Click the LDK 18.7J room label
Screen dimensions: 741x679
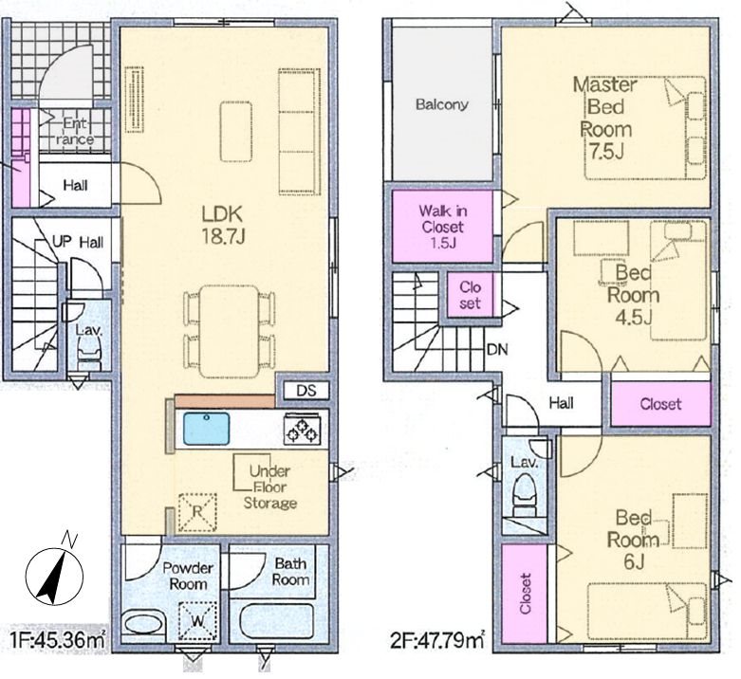click(x=223, y=226)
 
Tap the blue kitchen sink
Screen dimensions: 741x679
click(x=207, y=429)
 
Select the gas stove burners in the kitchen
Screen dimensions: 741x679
click(x=303, y=430)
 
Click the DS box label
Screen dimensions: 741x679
click(x=306, y=391)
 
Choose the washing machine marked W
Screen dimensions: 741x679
click(x=197, y=622)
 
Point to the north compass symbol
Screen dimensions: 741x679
click(x=54, y=575)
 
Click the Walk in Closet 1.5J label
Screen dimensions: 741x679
click(x=442, y=227)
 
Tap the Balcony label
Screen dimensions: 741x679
click(x=442, y=104)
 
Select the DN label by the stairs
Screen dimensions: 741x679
click(x=496, y=349)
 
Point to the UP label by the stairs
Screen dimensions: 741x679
click(x=62, y=242)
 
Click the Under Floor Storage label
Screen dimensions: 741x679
click(x=269, y=486)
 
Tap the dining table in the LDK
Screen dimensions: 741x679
click(x=230, y=332)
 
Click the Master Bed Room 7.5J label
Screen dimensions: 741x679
click(x=605, y=118)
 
